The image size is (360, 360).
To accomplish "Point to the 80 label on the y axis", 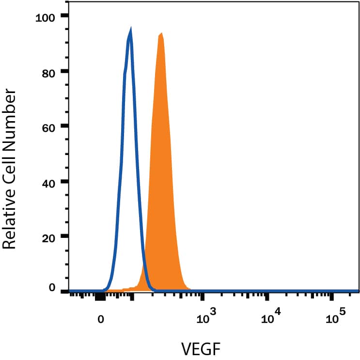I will (48, 73).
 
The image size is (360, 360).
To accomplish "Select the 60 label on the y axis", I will (48, 127).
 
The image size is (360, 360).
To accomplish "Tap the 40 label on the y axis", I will (48, 183).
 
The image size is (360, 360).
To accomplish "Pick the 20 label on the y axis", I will (48, 237).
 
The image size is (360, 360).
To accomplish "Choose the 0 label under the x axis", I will (100, 320).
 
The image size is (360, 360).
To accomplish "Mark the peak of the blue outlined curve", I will (130, 29).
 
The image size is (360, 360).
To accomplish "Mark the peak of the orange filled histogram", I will (161, 33).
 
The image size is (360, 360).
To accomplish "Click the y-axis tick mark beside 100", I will (64, 16).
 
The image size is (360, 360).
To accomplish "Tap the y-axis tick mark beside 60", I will (64, 126).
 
